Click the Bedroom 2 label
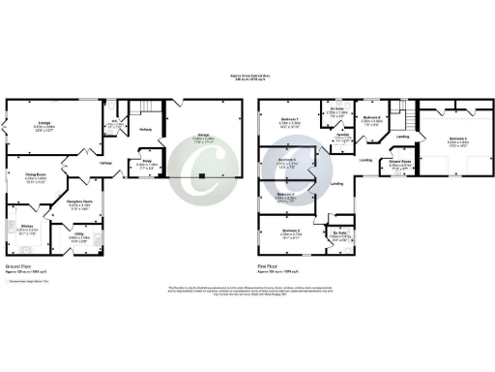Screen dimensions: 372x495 tap(289, 231)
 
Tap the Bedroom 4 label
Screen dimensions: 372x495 tap(284, 195)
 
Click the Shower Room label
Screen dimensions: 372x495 tap(400, 161)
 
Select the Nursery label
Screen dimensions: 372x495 tap(341, 134)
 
